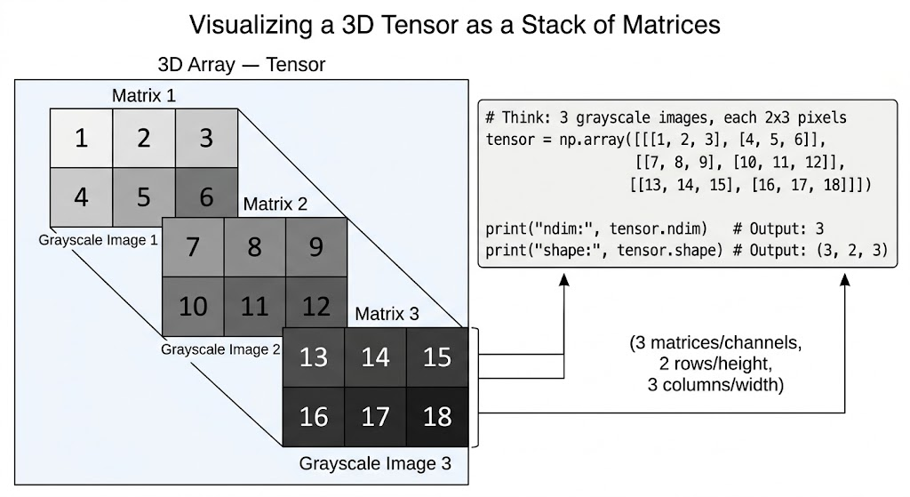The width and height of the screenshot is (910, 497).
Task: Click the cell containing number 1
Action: point(81,139)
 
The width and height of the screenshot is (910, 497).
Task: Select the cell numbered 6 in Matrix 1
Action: point(206,196)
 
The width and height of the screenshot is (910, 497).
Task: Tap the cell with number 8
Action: point(254,246)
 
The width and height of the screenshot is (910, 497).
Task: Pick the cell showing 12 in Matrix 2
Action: point(316,306)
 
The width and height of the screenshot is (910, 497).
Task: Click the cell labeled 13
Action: point(314,357)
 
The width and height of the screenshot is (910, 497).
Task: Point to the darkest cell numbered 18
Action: point(437,416)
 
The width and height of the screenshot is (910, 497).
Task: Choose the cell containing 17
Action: point(376,416)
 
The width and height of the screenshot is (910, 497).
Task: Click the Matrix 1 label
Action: point(143,94)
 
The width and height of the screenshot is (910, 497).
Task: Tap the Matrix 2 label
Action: point(275,204)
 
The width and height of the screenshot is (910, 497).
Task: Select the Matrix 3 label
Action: point(387,314)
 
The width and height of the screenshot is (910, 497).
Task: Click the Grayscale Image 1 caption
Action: point(98,239)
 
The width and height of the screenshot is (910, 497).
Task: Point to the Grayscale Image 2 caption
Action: point(220,349)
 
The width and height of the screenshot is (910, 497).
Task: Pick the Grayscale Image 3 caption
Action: point(375,463)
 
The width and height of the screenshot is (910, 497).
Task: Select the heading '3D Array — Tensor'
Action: point(241,64)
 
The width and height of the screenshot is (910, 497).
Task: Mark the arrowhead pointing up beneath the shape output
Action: point(845,281)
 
